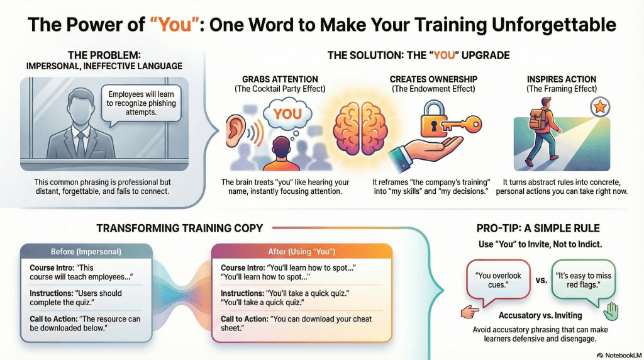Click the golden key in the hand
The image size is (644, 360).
point(459,124)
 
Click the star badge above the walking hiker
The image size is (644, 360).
point(600,107)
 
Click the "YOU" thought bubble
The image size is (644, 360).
point(287,115)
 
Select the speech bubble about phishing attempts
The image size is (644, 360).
point(141,104)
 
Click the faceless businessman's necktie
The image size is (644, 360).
point(80,144)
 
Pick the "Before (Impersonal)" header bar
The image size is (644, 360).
point(86,252)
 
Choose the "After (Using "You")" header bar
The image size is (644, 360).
point(302,252)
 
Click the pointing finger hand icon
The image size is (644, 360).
point(470,312)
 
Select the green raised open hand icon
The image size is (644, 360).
point(611,312)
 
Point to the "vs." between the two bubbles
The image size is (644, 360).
point(541,280)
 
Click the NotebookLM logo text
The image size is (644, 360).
point(619,356)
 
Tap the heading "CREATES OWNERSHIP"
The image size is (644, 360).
point(433,79)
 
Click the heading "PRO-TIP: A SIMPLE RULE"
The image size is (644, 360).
point(538,228)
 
